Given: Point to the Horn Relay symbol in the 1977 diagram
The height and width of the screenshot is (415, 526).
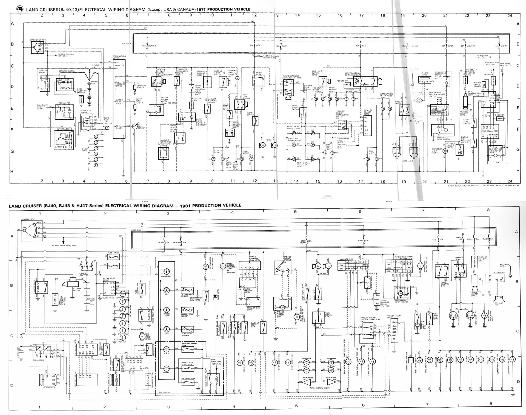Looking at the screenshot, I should tap(258, 81).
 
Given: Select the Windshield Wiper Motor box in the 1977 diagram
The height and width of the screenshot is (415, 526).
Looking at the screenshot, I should tap(442, 130).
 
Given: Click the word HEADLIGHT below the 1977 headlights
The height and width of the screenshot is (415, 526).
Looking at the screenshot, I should tap(408, 161).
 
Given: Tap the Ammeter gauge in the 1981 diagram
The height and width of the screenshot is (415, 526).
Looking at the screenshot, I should tap(166, 272).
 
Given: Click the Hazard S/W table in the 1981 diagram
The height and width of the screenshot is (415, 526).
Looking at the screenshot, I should tap(353, 265).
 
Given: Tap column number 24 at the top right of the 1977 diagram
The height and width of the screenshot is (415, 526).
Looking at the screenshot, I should tap(510, 16).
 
